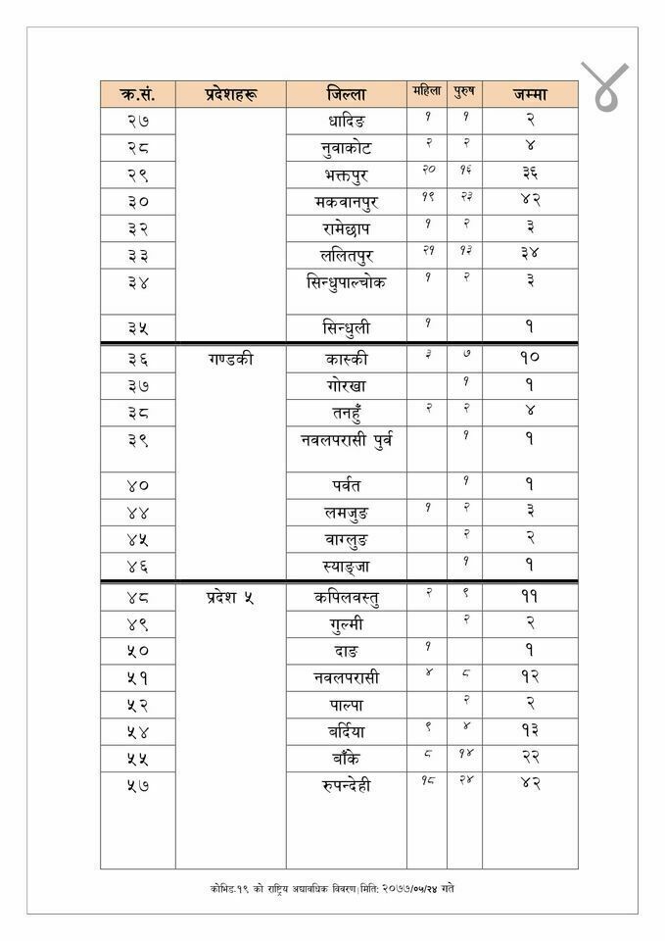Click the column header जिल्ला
click(347, 95)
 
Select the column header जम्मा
click(529, 95)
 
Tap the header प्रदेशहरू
click(230, 95)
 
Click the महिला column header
click(427, 92)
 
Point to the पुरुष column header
click(464, 92)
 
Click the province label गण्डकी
click(230, 359)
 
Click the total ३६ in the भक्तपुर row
click(529, 175)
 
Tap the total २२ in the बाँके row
click(529, 757)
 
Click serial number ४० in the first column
click(138, 485)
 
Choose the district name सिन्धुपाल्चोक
click(347, 282)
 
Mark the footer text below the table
click(332, 888)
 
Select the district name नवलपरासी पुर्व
click(347, 439)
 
